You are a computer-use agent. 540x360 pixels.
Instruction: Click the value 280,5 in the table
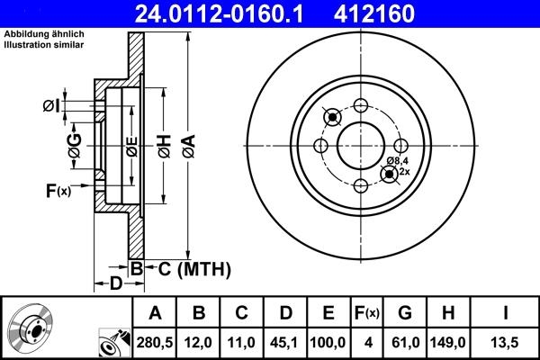pos(155,342)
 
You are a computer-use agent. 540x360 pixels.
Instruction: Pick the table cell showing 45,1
pos(285,342)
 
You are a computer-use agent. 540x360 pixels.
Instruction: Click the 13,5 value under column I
pos(508,342)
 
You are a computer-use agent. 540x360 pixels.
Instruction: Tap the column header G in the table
pos(405,313)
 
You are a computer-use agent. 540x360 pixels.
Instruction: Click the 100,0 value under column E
pos(328,342)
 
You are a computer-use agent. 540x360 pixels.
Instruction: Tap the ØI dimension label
pos(51,107)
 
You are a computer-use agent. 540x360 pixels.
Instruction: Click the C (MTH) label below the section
pos(189,268)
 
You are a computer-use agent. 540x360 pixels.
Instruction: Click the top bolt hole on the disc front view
pos(361,104)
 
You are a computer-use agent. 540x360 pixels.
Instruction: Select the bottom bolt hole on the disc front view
pos(361,185)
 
